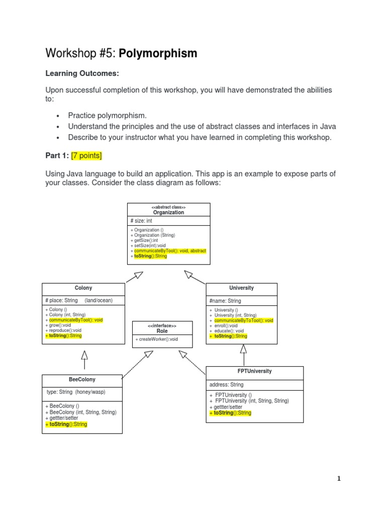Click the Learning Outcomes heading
coord(82,73)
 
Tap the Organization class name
coord(168,213)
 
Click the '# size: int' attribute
coord(141,221)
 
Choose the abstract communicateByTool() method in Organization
coord(170,250)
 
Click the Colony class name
coord(83,288)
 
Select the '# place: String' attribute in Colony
coord(62,300)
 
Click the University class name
coord(241,288)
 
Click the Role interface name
coord(162,331)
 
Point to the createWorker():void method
coord(157,339)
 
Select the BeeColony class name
coord(81,380)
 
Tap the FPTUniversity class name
coord(254,371)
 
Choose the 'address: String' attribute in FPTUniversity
coord(227,385)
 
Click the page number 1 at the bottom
coord(339,479)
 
